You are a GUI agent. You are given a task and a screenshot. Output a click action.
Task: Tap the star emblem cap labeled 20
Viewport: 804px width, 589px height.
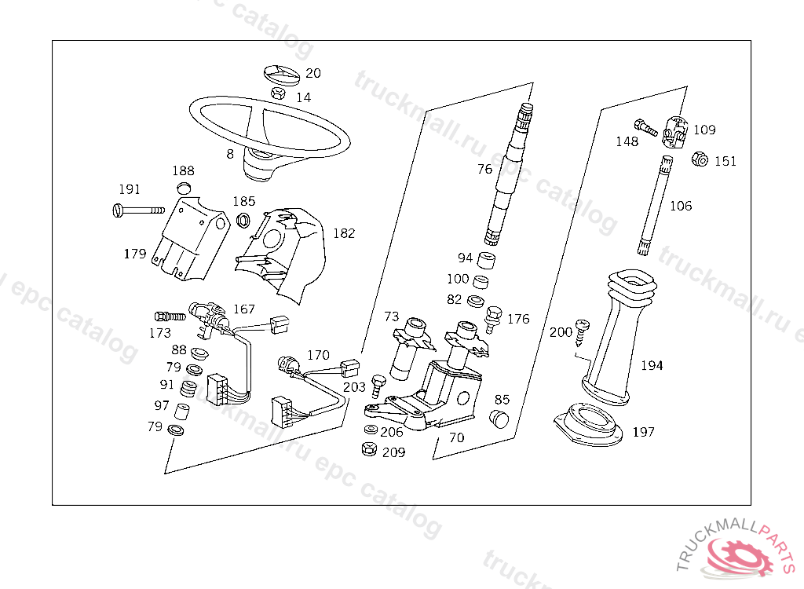(282, 73)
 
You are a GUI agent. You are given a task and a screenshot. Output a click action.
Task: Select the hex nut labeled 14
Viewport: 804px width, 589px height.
(278, 93)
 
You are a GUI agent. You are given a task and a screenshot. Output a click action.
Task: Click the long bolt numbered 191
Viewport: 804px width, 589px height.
(138, 210)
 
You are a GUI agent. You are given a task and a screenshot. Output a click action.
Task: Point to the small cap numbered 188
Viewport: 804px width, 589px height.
(184, 187)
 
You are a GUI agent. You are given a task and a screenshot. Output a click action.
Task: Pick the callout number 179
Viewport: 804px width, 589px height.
(135, 254)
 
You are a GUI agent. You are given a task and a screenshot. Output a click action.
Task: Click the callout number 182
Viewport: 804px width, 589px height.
(344, 233)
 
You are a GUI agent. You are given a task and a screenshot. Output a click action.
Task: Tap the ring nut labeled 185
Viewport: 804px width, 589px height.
(243, 220)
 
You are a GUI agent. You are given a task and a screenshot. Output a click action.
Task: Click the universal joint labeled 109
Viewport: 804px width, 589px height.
(675, 131)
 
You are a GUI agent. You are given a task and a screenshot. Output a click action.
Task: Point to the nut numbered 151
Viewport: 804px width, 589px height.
(700, 159)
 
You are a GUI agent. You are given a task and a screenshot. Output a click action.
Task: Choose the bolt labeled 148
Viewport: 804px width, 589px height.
(645, 127)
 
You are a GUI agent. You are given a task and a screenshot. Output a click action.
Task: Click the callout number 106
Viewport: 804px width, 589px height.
(681, 206)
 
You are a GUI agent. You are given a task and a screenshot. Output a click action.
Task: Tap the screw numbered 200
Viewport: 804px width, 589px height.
(582, 333)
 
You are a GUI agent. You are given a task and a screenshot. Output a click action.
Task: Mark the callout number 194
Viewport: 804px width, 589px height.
(652, 365)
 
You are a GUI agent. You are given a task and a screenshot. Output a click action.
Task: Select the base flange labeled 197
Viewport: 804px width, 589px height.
(588, 424)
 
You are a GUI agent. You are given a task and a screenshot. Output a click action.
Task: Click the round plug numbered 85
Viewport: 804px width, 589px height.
(499, 418)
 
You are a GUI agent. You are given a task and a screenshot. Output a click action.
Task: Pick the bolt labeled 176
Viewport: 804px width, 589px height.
(492, 319)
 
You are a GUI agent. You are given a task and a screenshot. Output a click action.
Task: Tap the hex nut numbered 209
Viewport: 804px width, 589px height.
(369, 449)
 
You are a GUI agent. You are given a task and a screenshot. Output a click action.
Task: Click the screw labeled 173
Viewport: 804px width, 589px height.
(170, 316)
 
